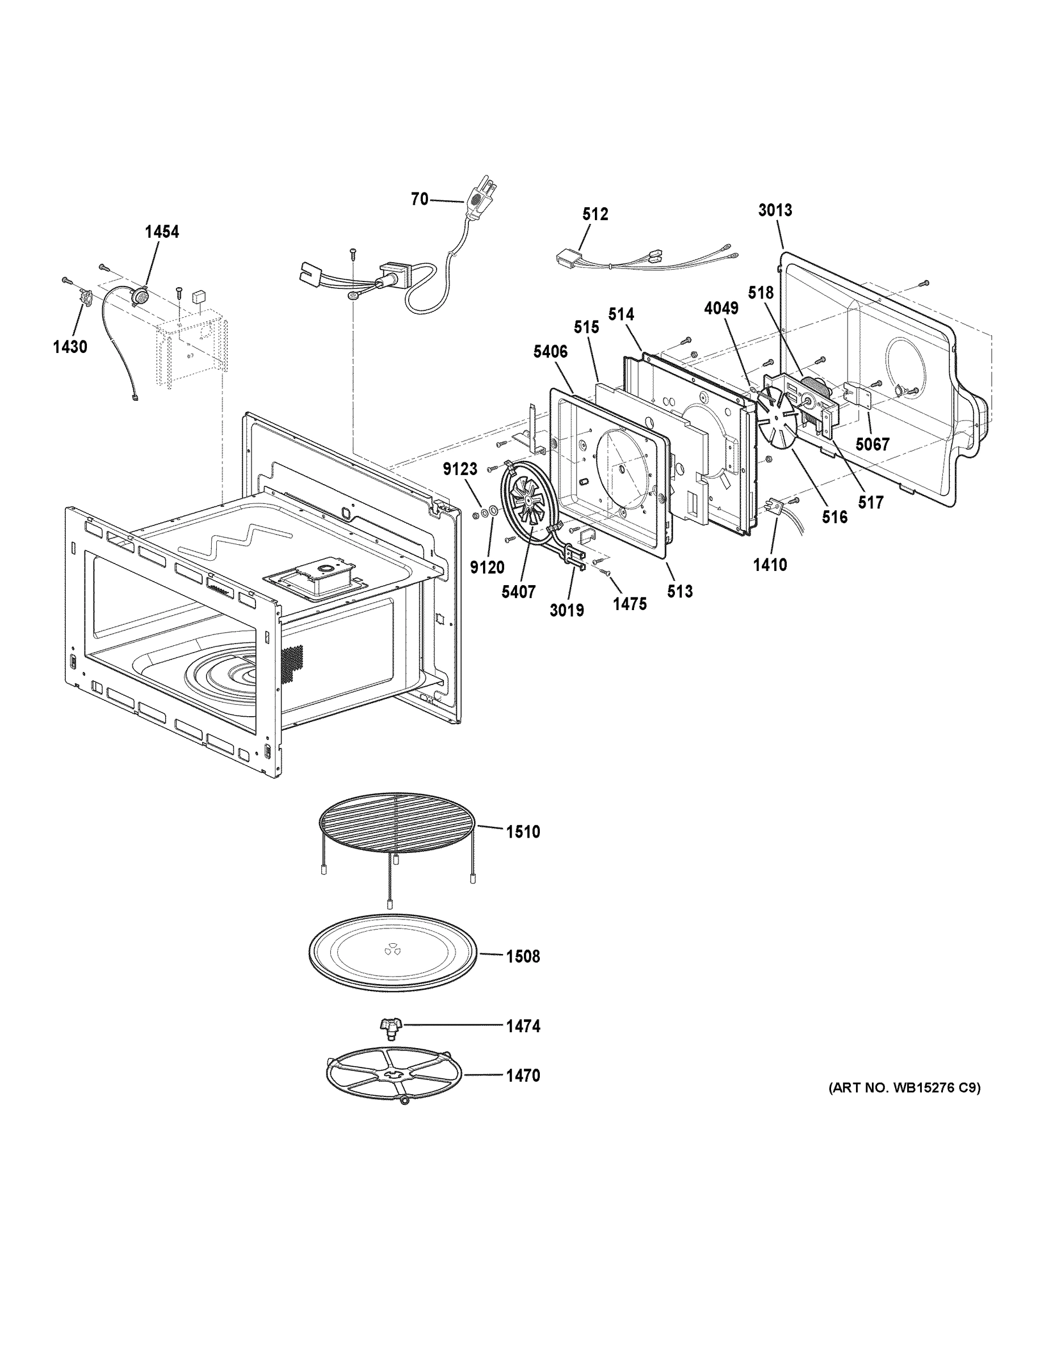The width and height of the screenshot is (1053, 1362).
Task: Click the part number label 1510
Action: coord(523,831)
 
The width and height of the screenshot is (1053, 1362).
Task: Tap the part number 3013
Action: coord(775,210)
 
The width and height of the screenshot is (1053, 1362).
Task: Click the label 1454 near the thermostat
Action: coord(162,232)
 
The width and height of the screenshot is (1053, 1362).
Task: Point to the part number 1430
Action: coord(70,347)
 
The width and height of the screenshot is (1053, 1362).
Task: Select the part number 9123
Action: coord(460,469)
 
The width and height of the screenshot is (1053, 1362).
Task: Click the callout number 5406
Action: coord(550,352)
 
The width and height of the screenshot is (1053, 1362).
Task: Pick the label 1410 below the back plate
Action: coord(770,565)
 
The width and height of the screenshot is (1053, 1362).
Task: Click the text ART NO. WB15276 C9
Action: coord(904,1088)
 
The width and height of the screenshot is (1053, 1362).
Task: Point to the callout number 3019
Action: coord(567,611)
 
